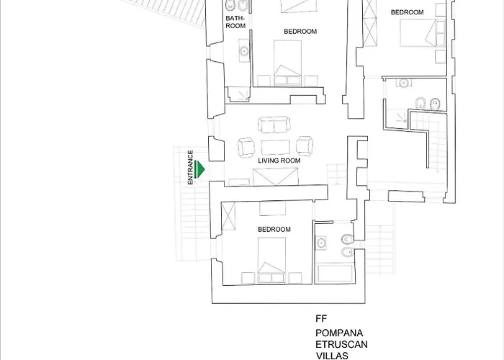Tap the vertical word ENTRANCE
click(x=191, y=167)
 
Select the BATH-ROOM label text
click(x=235, y=22)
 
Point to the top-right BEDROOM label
click(x=407, y=12)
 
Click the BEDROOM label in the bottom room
click(x=274, y=229)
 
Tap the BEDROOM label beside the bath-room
click(x=300, y=31)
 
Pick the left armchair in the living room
click(x=246, y=148)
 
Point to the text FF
click(x=321, y=318)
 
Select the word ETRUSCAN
click(x=342, y=345)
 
